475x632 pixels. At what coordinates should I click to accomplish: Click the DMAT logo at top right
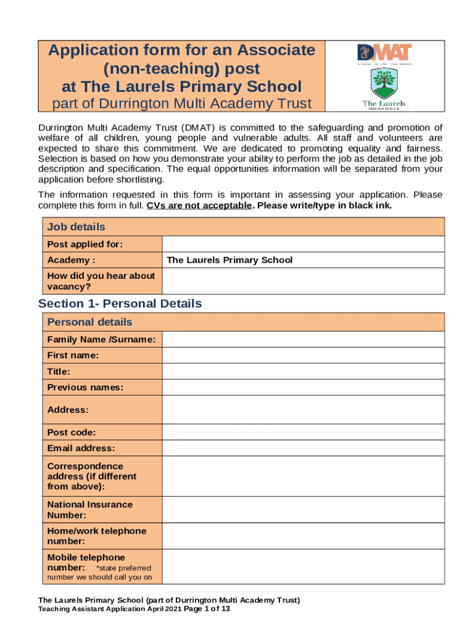(x=384, y=52)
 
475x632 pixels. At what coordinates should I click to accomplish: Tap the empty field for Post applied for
(x=303, y=244)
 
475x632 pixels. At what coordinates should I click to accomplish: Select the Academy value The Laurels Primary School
(x=229, y=260)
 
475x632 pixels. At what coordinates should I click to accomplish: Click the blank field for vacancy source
(x=303, y=281)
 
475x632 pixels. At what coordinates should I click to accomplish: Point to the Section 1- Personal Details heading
(x=120, y=304)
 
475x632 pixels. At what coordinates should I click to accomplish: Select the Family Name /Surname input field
(x=303, y=339)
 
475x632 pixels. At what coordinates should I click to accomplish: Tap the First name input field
(x=303, y=355)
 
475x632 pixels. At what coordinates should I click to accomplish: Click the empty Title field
(x=303, y=372)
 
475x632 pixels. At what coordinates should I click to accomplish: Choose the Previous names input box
(x=303, y=388)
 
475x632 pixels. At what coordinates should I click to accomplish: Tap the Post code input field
(x=303, y=433)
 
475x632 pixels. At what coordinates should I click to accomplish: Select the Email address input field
(x=303, y=448)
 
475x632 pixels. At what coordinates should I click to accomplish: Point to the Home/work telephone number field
(x=303, y=536)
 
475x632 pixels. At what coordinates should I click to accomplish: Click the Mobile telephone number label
(x=86, y=562)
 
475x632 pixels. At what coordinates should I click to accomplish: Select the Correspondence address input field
(x=303, y=476)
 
